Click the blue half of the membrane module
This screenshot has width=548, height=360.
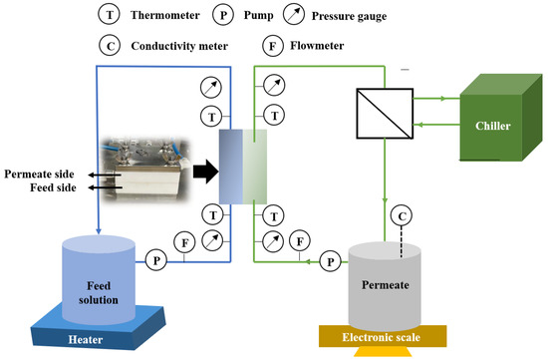pos(230,164)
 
